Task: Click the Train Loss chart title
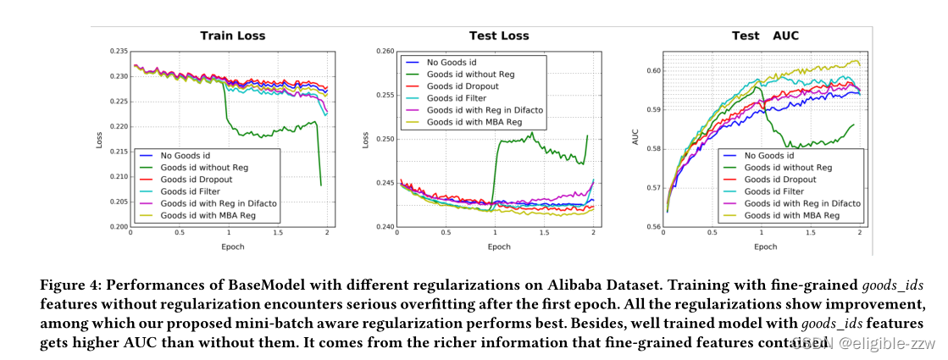coord(232,36)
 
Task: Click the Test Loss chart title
coord(499,36)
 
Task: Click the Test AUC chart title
coord(765,36)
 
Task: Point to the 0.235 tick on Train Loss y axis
coord(117,52)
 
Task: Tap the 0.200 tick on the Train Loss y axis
coord(117,227)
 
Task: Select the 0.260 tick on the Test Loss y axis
coord(384,52)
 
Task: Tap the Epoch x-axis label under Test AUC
coord(765,246)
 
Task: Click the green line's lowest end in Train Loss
coord(320,185)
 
